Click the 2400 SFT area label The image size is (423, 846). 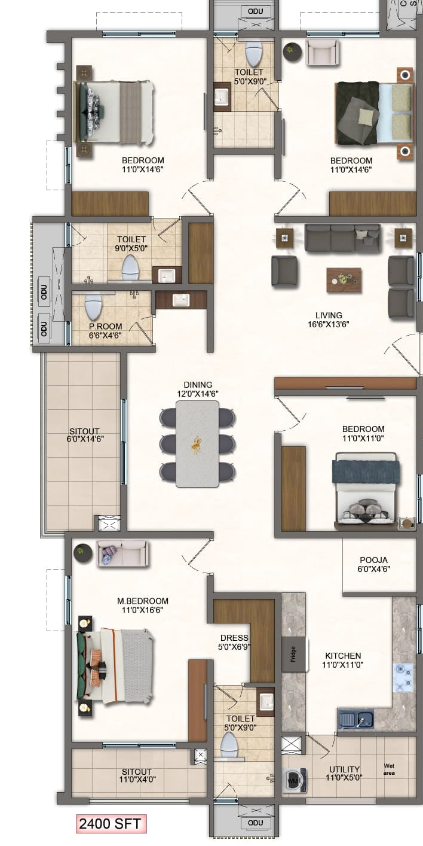[111, 824]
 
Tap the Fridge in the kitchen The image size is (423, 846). [294, 655]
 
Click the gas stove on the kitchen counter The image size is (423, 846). [403, 677]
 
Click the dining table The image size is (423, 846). [197, 444]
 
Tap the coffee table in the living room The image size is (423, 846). [344, 280]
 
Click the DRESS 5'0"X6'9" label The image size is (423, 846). [234, 642]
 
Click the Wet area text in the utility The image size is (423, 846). [389, 769]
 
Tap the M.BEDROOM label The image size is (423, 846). [143, 601]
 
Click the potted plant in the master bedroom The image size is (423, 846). [82, 553]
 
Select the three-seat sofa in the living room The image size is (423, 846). [342, 238]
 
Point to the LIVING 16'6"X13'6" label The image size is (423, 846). [329, 319]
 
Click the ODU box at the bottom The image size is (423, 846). [255, 823]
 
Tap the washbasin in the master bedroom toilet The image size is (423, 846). [266, 702]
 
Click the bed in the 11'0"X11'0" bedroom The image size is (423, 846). [366, 491]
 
